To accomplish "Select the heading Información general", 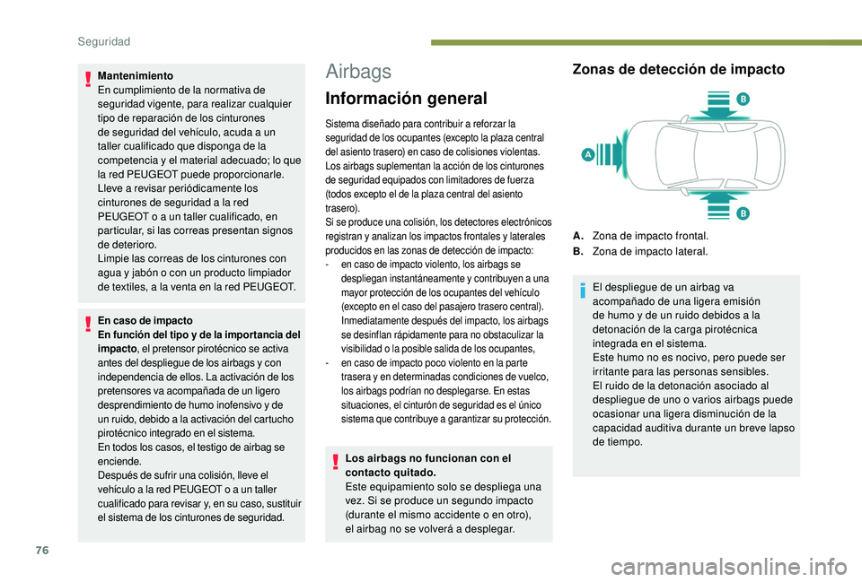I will pos(406,99).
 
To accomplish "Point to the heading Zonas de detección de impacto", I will pos(678,69).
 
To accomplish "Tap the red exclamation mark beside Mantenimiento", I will pos(88,81).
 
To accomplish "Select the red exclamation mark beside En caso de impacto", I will pos(88,325).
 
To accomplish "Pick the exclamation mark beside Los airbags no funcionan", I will pos(336,463).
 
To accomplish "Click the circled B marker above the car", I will pos(743,98).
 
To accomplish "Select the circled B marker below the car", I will pos(743,213).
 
